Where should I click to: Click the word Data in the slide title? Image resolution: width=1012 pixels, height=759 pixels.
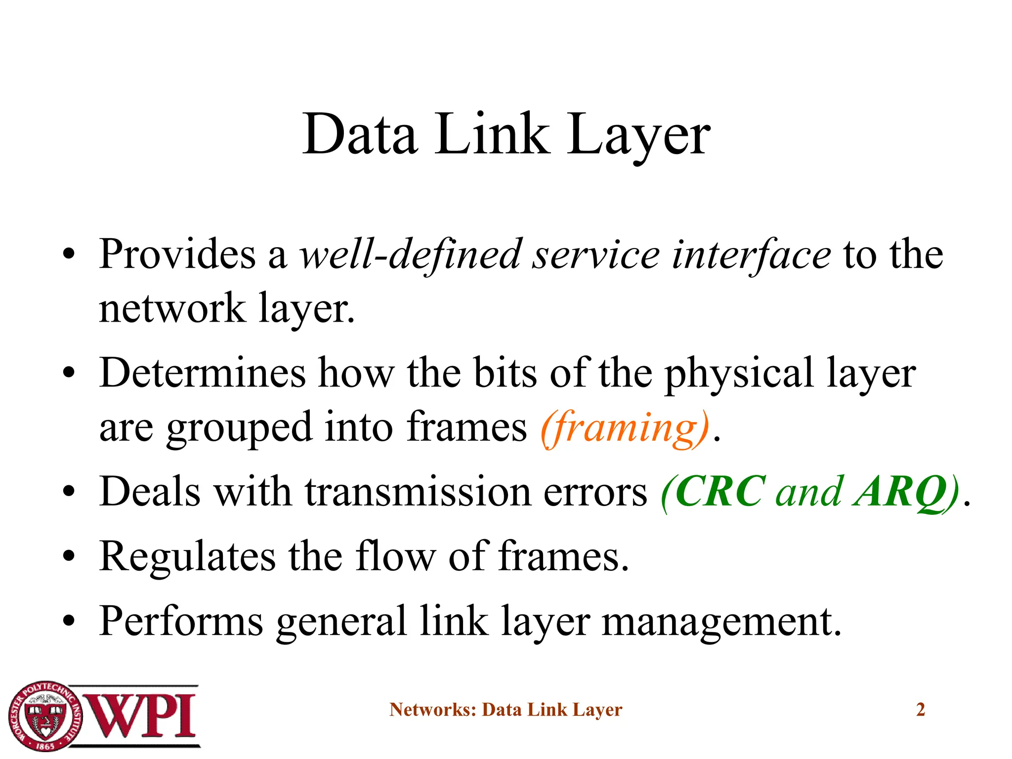[360, 134]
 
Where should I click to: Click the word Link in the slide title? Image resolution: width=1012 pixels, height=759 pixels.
[492, 134]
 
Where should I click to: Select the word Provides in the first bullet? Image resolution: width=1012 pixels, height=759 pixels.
[177, 254]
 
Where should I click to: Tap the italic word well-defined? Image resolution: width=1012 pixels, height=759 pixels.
[411, 255]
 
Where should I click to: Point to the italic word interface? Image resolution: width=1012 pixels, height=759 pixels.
[751, 255]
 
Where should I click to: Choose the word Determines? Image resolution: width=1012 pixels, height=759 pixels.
[203, 373]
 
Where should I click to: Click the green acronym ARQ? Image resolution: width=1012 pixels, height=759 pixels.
[899, 492]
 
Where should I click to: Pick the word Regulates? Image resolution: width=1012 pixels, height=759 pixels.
[187, 557]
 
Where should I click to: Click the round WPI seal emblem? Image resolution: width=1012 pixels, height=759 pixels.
[45, 715]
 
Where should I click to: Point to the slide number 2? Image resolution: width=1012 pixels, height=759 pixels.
[920, 710]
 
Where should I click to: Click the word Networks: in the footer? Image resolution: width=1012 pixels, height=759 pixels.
[432, 710]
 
